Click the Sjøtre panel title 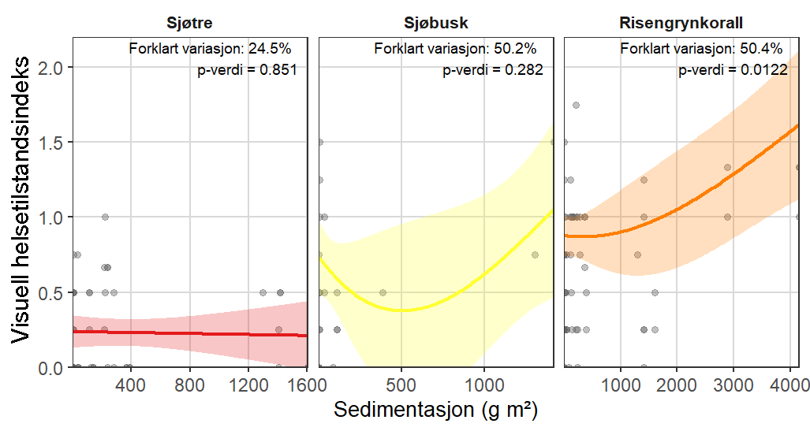(189, 22)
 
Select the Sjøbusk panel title (435, 22)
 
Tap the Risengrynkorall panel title (681, 22)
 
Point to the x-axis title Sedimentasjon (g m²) (436, 411)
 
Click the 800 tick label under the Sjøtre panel (189, 385)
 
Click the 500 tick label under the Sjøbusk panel (401, 385)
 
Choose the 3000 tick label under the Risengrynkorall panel (733, 385)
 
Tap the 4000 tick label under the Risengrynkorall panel (789, 385)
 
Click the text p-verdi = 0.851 (247, 70)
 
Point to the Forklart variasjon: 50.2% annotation (459, 49)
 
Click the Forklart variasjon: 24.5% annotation (213, 49)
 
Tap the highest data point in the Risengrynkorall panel (577, 105)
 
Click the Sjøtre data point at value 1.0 (104, 217)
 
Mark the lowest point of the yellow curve (401, 310)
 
